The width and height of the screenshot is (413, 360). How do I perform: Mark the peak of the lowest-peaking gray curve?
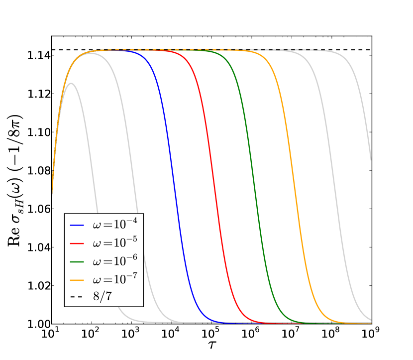coord(72,83)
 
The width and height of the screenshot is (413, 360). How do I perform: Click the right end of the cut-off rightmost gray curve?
coord(371,159)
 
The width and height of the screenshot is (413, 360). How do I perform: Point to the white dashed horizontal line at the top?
coord(299,50)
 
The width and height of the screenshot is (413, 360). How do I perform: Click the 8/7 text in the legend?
coord(103,297)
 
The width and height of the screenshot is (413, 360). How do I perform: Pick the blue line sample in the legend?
coord(77,226)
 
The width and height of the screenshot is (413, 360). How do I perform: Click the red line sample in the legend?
coord(77,243)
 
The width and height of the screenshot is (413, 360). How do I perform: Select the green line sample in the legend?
coord(77,261)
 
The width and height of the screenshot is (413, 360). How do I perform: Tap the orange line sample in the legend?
coord(77,279)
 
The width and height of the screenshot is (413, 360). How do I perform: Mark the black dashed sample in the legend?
coord(77,297)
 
